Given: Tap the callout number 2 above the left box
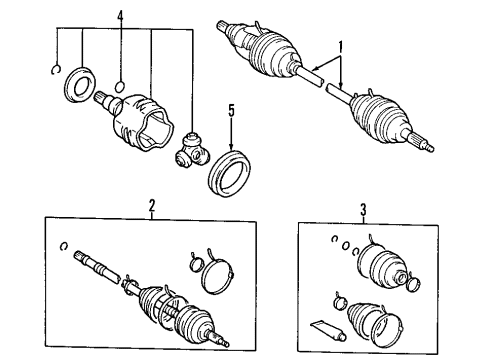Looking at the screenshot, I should pos(153,207).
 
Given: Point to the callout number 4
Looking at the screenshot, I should pos(121,17).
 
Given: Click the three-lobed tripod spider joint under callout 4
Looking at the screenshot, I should pos(190,150).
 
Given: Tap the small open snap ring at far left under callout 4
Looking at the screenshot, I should pos(56,69).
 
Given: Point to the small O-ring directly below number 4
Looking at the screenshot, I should pos(121,84).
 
